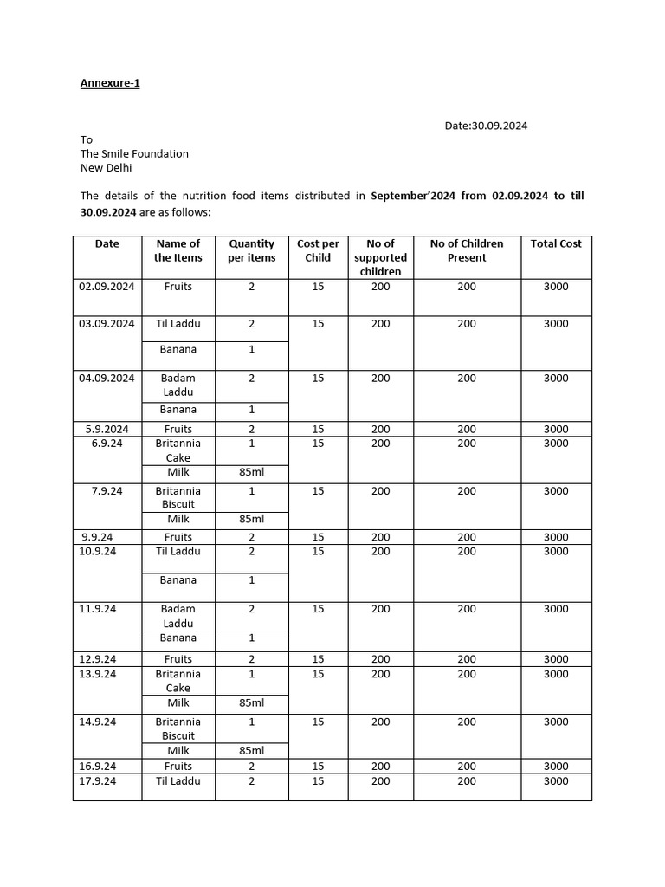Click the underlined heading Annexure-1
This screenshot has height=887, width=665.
click(x=110, y=83)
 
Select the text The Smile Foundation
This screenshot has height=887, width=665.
click(x=134, y=153)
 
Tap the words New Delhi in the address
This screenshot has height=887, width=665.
click(x=107, y=167)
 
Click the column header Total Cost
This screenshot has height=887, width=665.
click(x=556, y=243)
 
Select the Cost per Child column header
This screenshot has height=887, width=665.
click(x=318, y=250)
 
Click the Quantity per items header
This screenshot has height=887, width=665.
click(x=251, y=250)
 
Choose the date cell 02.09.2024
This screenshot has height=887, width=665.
click(x=107, y=286)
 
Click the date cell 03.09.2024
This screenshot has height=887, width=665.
click(x=107, y=323)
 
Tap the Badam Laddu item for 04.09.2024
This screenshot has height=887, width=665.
click(x=178, y=385)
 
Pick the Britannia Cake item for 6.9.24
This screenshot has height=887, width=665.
click(x=178, y=450)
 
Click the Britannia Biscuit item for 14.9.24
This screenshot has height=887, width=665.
click(x=178, y=728)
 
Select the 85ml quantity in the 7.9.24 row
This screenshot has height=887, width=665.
click(x=251, y=519)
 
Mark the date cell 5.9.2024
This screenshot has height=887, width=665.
click(x=107, y=429)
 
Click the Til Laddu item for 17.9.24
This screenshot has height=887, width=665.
click(x=178, y=780)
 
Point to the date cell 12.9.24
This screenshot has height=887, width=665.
click(x=98, y=659)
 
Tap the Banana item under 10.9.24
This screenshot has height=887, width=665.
click(x=178, y=580)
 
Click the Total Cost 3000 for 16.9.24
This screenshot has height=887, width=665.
click(x=556, y=766)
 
